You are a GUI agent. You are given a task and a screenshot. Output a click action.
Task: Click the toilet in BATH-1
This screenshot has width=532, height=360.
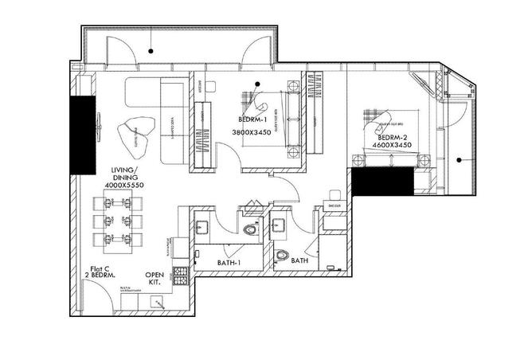(252, 230)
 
